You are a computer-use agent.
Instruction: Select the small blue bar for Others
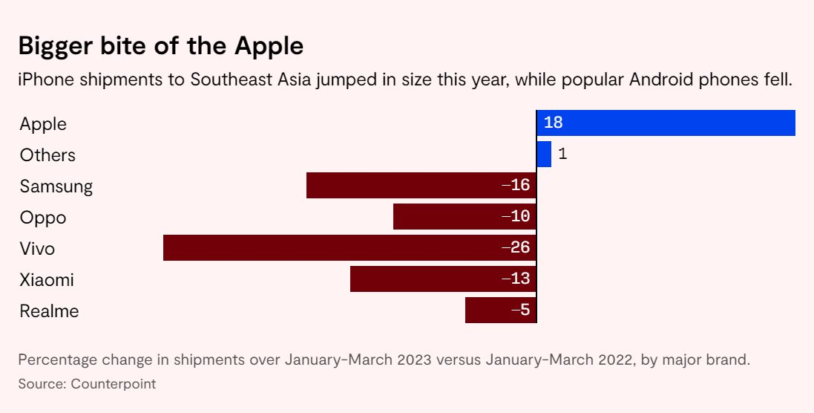[x=544, y=155]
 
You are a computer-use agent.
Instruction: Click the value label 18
[x=554, y=123]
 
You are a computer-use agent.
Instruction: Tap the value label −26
[x=516, y=247]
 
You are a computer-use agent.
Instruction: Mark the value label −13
[x=516, y=279]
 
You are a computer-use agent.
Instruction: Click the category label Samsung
[x=56, y=186]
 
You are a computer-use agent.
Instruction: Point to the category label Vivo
[x=37, y=249]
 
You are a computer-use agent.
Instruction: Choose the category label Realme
[x=49, y=311]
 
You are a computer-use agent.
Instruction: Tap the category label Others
[x=47, y=155]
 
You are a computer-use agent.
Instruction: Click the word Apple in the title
[x=269, y=46]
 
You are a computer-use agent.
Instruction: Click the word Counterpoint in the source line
[x=114, y=384]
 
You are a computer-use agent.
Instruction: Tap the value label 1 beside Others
[x=562, y=155]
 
